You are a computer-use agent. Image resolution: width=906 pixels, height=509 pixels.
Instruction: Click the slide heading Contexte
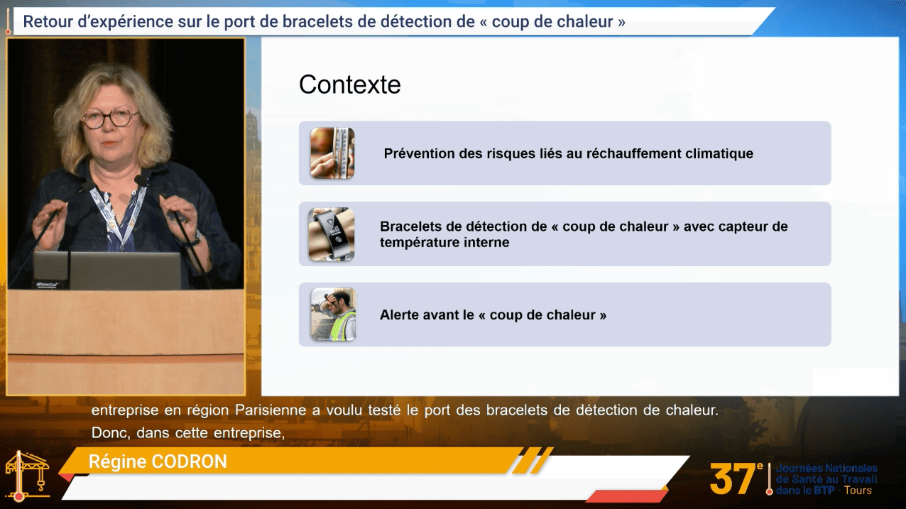[x=350, y=84]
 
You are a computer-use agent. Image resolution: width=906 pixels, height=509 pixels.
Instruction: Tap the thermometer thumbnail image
[x=332, y=153]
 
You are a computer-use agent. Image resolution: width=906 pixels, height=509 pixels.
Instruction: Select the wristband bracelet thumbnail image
[x=332, y=234]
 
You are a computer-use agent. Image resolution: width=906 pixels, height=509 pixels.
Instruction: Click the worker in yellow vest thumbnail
[x=333, y=314]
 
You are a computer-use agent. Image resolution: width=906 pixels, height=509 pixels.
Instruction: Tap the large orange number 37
[x=732, y=479]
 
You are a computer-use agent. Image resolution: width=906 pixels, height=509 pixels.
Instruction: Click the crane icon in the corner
[x=27, y=476]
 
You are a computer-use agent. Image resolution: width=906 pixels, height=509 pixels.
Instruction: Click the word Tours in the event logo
[x=858, y=491]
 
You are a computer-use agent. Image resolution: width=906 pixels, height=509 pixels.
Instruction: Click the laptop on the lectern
[x=107, y=270]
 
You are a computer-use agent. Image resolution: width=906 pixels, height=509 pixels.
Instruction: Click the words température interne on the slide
[x=444, y=243]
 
